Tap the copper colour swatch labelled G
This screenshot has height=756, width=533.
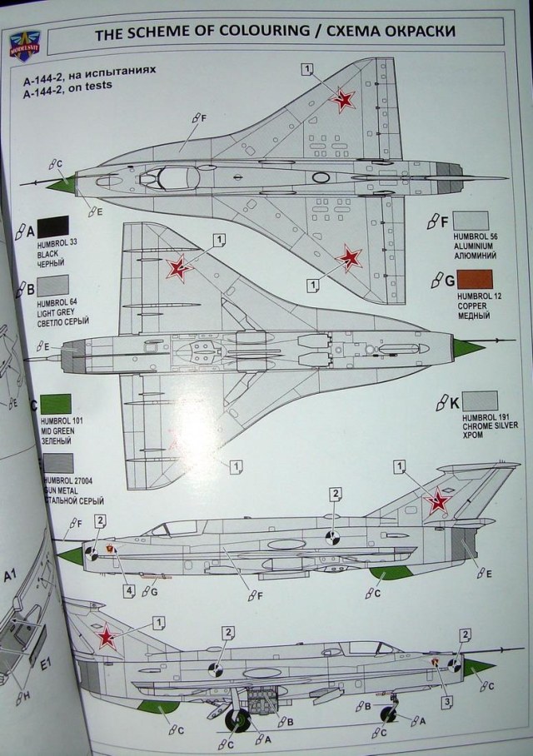click(x=475, y=281)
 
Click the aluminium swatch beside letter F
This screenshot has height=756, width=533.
click(x=470, y=221)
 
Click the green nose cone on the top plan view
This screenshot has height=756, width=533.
click(x=59, y=182)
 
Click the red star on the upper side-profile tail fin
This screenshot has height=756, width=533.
click(x=437, y=501)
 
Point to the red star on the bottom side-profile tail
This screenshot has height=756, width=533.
click(x=106, y=639)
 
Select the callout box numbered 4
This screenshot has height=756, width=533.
click(x=129, y=590)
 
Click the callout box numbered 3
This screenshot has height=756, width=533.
click(x=447, y=701)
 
